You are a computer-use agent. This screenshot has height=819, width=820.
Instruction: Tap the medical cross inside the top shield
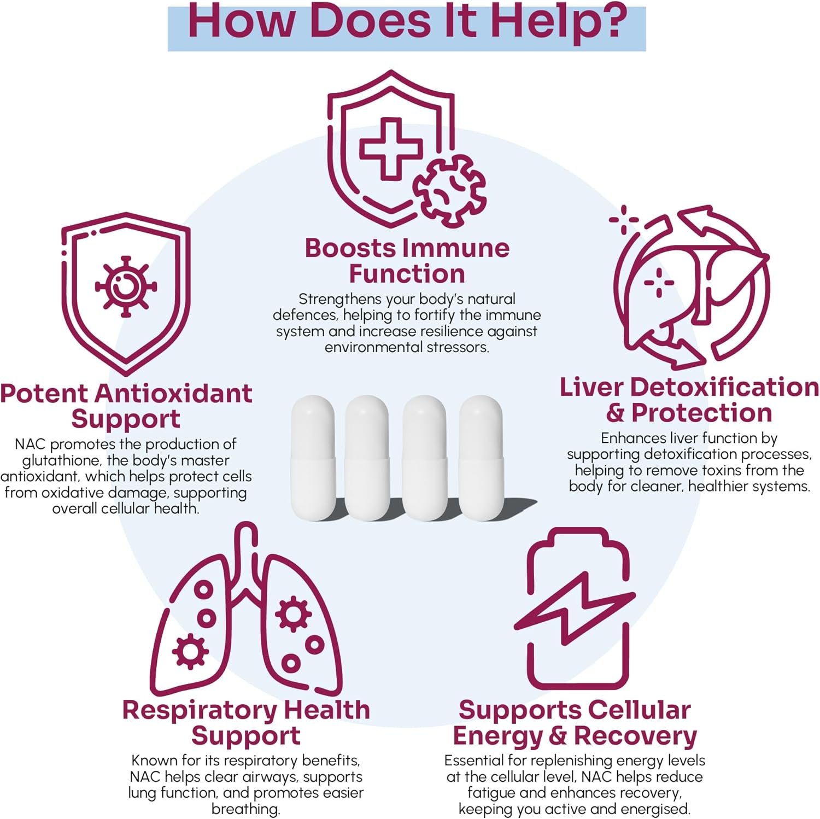click(x=390, y=148)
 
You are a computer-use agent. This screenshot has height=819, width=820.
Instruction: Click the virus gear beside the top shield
click(x=449, y=190)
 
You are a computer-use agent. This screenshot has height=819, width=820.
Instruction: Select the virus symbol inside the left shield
click(x=126, y=286)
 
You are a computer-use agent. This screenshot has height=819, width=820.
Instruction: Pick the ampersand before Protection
click(x=616, y=413)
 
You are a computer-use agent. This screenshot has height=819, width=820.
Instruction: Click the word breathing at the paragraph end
click(x=245, y=809)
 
